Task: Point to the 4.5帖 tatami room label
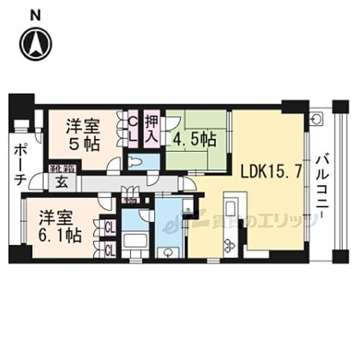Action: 194,137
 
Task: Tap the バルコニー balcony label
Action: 322,184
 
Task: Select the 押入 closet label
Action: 151,128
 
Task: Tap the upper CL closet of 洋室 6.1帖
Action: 110,228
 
